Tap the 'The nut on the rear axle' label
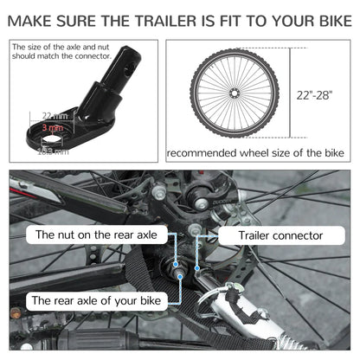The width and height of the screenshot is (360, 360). (95, 235)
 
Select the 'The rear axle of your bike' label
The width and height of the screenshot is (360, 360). (97, 301)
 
